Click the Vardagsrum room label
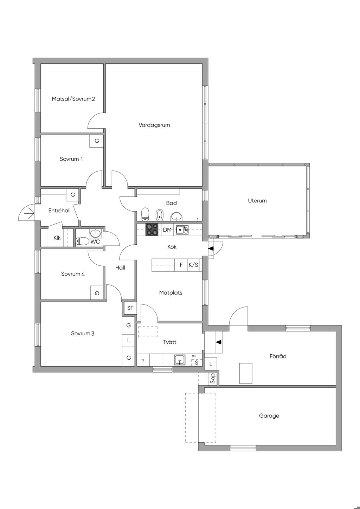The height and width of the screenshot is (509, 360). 154,125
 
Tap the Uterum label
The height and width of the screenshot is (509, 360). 257,201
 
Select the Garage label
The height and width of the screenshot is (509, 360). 269,416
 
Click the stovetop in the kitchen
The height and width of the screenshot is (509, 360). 152,230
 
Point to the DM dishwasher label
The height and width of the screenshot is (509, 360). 167,230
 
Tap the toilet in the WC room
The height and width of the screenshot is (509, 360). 82,241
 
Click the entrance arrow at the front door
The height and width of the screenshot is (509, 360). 29,214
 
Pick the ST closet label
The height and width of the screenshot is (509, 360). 130,308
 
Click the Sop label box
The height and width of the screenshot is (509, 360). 213,378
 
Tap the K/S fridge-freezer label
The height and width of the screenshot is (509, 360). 193,265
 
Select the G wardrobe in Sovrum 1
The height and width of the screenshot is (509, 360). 97,141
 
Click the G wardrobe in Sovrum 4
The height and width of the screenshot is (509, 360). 97,293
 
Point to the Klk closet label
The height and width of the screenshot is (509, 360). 57,238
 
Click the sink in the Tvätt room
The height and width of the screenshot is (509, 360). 180,360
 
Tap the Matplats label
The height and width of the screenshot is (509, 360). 171,293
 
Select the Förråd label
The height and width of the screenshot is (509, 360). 278,356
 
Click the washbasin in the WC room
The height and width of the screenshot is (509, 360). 96,233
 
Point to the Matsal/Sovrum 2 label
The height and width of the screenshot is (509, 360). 73,99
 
